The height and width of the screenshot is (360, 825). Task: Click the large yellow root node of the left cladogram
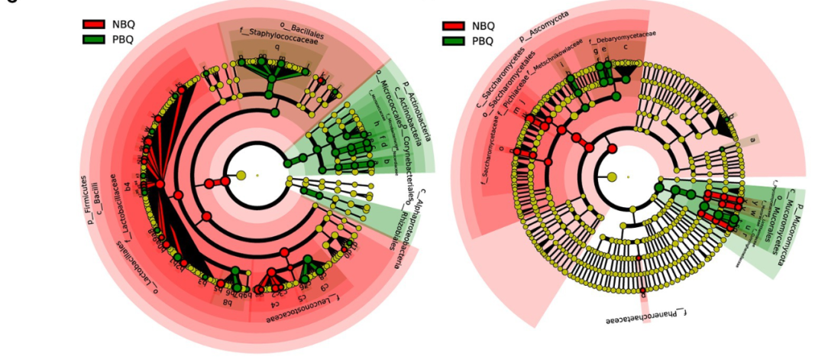pyautogui.click(x=241, y=176)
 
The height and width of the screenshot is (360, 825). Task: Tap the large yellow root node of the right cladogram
pyautogui.click(x=612, y=177)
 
